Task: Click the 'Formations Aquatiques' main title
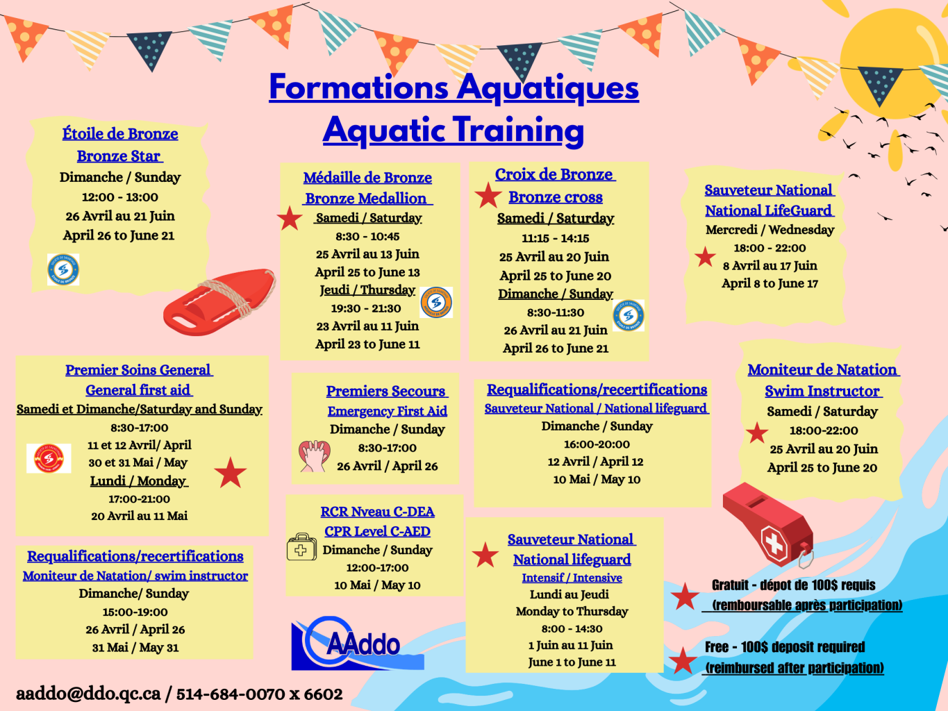pos(454,87)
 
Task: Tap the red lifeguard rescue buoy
pos(219,302)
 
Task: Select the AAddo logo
pos(357,643)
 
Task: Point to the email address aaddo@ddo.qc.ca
pos(88,694)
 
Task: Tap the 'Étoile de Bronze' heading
pos(120,134)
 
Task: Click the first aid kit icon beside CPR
pos(301,547)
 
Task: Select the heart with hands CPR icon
pos(314,456)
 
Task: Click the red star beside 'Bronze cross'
pos(488,195)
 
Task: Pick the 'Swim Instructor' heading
pos(823,391)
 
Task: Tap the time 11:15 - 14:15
pos(556,238)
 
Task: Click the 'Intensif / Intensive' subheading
pos(572,578)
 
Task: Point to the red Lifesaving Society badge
pos(49,458)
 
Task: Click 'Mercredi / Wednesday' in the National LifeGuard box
pos(770,230)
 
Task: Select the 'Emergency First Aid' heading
pos(387,411)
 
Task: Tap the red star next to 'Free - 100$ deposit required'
pos(683,660)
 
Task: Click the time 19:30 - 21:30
pos(366,309)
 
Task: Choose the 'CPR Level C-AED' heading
pos(377,531)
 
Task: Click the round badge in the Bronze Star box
pos(63,269)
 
